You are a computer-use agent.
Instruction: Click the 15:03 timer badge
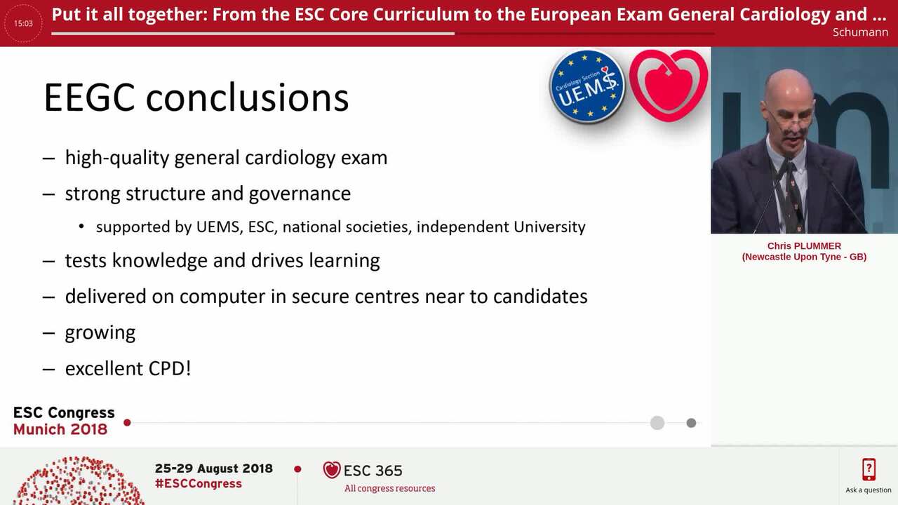[x=23, y=23]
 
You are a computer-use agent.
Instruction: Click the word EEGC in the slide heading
[x=89, y=97]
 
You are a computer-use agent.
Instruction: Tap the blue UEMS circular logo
[x=587, y=86]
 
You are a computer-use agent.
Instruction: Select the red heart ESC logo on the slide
[x=668, y=84]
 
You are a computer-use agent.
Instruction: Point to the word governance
[x=308, y=194]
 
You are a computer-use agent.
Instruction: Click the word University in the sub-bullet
[x=549, y=227]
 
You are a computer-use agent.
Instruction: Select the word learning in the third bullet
[x=344, y=261]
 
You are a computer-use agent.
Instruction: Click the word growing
[x=100, y=332]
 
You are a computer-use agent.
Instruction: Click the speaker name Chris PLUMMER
[x=804, y=246]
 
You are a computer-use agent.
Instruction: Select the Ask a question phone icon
[x=869, y=470]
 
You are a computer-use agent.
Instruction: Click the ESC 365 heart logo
[x=332, y=470]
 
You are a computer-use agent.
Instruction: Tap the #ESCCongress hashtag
[x=199, y=484]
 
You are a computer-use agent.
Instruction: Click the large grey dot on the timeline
[x=657, y=423]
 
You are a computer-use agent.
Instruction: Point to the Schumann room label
[x=860, y=32]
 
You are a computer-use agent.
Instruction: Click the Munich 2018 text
[x=60, y=429]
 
